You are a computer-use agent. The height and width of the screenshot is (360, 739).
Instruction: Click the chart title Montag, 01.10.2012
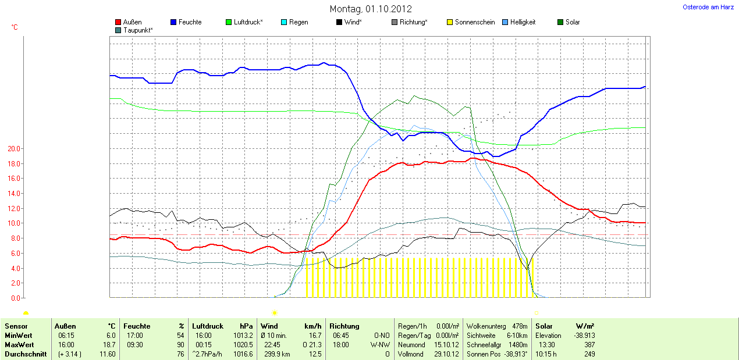click(x=371, y=9)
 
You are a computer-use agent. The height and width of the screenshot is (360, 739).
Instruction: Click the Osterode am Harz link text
click(x=708, y=7)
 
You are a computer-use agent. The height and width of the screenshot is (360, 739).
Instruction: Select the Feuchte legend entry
click(x=190, y=22)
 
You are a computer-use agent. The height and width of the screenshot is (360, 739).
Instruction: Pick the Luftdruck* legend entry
click(x=248, y=22)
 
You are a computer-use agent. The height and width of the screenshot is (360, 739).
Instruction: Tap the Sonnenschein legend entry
click(x=474, y=22)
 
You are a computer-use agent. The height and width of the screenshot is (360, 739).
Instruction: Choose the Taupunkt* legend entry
click(x=138, y=30)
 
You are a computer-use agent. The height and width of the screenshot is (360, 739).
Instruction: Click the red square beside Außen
click(x=119, y=22)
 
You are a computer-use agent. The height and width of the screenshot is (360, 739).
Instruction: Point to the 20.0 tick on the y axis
click(x=13, y=149)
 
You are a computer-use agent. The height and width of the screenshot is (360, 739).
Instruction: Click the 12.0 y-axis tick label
click(x=13, y=208)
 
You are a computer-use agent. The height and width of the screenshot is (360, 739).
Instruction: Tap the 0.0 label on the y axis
click(x=15, y=298)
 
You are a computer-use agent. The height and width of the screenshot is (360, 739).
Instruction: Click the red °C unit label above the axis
click(x=15, y=27)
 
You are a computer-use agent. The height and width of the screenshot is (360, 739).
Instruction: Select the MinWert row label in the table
click(x=18, y=336)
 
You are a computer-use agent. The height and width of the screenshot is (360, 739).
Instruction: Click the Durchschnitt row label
click(x=26, y=354)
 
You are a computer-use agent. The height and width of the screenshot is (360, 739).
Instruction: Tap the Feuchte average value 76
click(x=180, y=354)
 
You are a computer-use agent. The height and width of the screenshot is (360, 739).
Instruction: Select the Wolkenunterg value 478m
click(x=520, y=326)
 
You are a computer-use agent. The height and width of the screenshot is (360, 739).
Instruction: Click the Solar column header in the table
click(x=545, y=326)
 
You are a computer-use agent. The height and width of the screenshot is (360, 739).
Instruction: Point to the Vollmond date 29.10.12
click(x=446, y=354)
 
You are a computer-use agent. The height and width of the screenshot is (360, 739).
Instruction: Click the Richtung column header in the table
click(x=344, y=326)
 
